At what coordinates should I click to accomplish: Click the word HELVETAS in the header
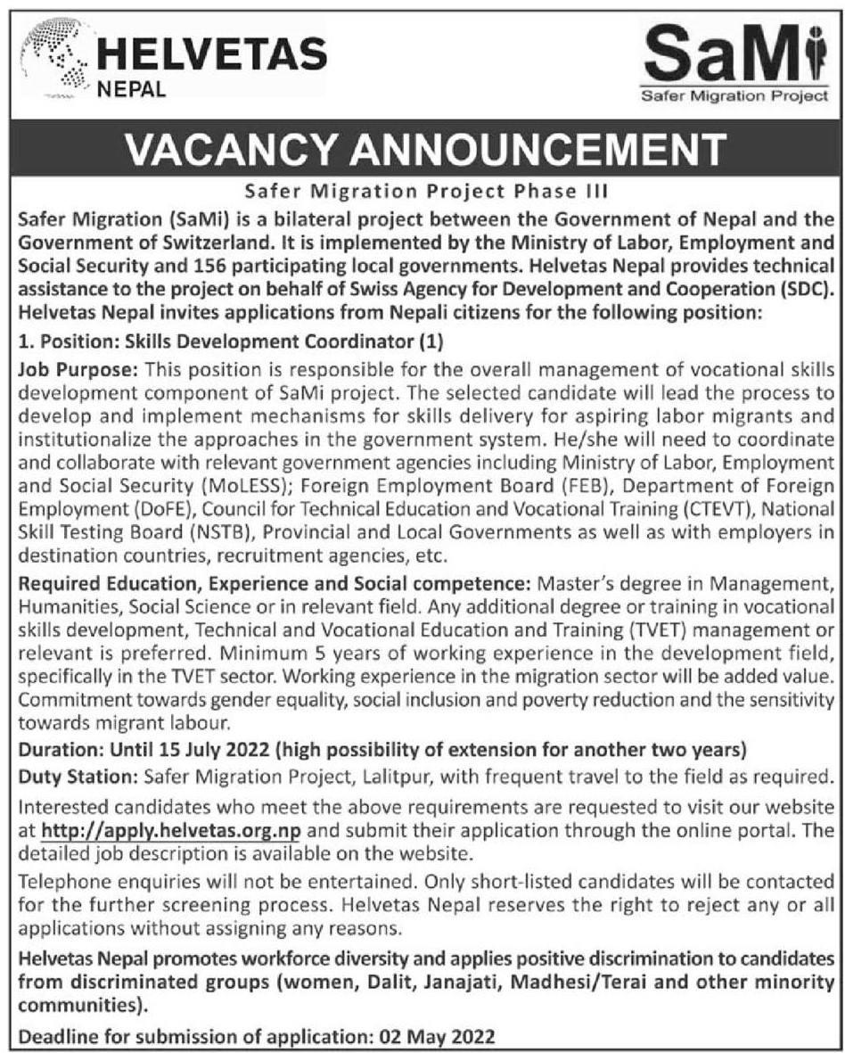pyautogui.click(x=209, y=54)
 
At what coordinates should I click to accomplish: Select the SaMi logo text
pyautogui.click(x=733, y=55)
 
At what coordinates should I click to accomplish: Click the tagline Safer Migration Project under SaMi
pyautogui.click(x=734, y=96)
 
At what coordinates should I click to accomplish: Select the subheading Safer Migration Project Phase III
pyautogui.click(x=422, y=191)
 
